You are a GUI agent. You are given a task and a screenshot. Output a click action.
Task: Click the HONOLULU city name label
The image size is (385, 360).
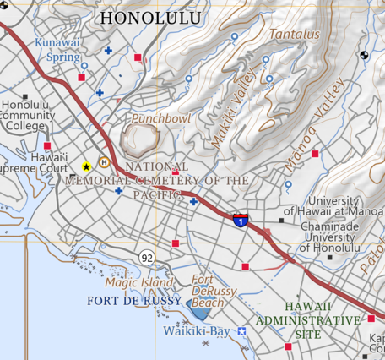pos(151,17)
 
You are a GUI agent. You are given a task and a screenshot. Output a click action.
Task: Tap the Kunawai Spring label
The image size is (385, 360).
pos(58,49)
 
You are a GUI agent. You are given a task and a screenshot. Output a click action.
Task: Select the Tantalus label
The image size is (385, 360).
pos(295,35)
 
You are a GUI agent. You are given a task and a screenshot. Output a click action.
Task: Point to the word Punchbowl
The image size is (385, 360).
pos(161,119)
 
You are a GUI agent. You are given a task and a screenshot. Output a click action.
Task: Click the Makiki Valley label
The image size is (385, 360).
pos(227,118)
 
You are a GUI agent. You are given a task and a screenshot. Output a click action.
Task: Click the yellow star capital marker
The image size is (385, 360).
pos(86,167)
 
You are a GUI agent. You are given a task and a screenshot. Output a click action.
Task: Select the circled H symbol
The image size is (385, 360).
pos(104,162)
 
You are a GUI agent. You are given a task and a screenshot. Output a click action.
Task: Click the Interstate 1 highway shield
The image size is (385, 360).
pos(241,221)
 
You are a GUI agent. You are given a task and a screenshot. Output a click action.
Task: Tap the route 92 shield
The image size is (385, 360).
pos(148,257)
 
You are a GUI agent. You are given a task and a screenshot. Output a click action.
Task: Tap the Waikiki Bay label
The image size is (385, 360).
pos(197,330)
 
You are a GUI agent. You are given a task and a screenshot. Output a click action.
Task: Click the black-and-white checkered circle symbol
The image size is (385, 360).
pos(364,56)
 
